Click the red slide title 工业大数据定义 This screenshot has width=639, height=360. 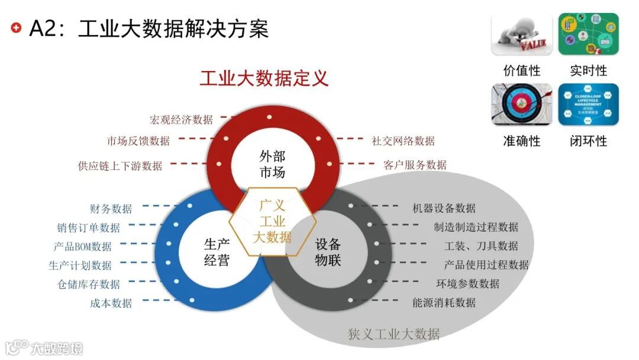pos(263,78)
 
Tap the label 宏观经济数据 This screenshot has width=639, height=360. pos(181,120)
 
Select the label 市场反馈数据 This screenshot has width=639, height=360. pos(138,141)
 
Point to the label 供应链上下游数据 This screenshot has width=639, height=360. pos(120,166)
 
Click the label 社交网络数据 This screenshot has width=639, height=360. pos(403,141)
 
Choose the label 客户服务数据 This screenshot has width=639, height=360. pos(415,165)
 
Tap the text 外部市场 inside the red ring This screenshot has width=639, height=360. pos(272,164)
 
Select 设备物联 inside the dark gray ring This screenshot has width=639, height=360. pos(328,252)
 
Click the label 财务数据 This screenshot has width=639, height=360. pos(111,208)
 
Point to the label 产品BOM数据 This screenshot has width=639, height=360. pos(82,246)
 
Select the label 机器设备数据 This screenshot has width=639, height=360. pos(444,208)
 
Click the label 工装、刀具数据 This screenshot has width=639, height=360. pos(481,246)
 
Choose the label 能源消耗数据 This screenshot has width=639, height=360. pos(444,303)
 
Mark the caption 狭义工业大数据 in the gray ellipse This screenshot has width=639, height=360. pos(393,334)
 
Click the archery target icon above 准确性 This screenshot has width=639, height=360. pos(521,104)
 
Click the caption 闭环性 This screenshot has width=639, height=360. pos(588,141)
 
